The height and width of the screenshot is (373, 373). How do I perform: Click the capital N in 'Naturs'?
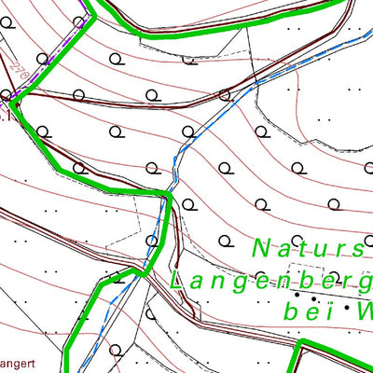pyautogui.click(x=263, y=249)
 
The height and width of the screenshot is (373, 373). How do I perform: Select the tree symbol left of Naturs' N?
pyautogui.click(x=224, y=241)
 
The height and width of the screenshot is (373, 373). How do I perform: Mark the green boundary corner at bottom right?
pyautogui.click(x=299, y=346)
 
